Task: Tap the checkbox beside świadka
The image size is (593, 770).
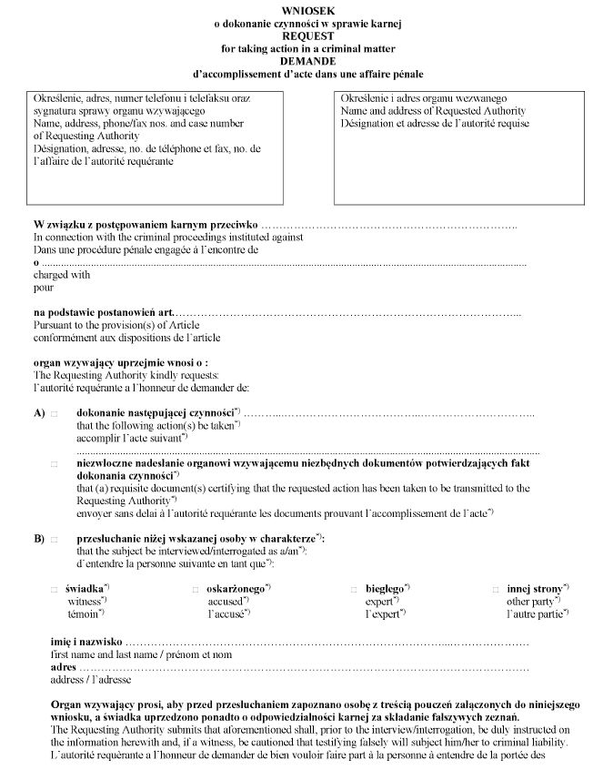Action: [54, 590]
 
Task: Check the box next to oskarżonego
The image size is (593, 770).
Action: [196, 590]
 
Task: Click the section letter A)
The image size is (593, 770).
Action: [39, 413]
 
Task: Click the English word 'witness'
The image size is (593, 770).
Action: [85, 602]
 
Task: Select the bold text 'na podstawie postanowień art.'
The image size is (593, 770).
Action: [103, 313]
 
